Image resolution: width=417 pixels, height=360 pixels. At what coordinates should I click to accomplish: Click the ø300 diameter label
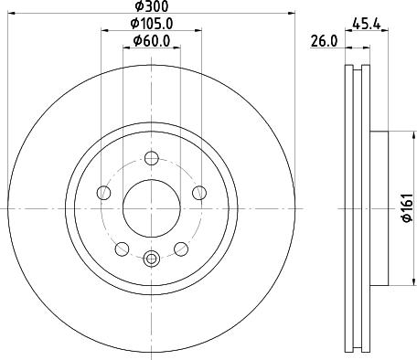(152, 6)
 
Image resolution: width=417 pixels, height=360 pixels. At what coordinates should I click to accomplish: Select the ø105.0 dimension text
(152, 24)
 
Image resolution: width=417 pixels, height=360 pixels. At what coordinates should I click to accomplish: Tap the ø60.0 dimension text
(152, 41)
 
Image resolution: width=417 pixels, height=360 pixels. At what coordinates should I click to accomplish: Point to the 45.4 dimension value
(367, 24)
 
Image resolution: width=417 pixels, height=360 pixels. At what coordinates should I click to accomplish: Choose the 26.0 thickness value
(324, 41)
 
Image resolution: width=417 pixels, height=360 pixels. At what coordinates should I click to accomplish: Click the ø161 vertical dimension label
(407, 207)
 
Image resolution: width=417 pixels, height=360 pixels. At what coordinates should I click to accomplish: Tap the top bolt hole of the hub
(152, 158)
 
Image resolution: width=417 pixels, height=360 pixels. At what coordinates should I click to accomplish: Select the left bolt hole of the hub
(103, 193)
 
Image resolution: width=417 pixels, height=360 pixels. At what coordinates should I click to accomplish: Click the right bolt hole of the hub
(199, 193)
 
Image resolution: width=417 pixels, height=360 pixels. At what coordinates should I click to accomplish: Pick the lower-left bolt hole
(122, 249)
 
